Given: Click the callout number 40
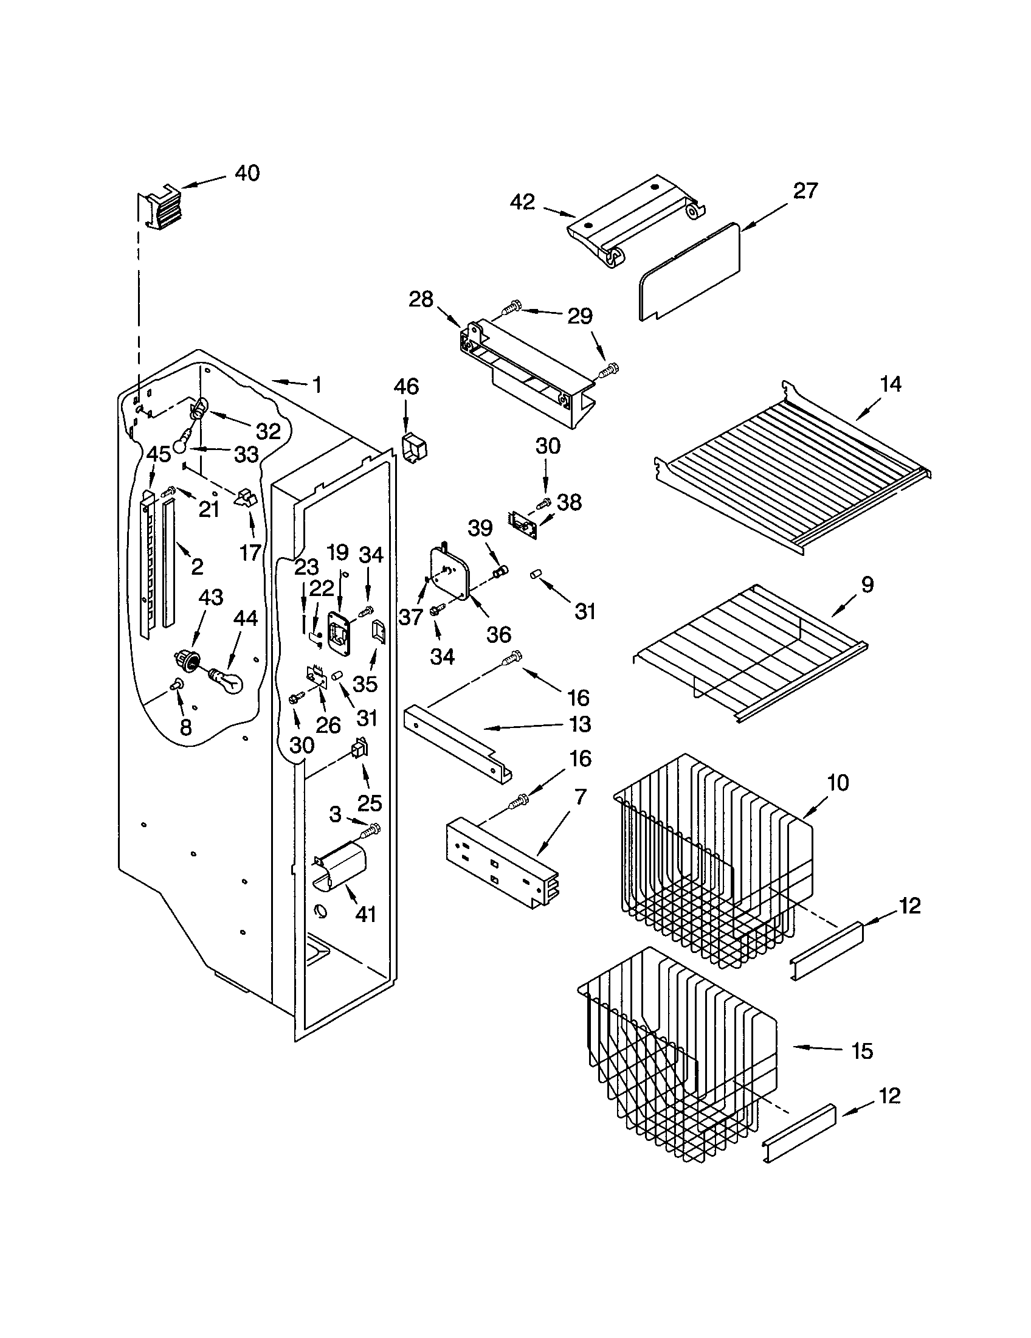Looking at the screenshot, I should [x=247, y=173].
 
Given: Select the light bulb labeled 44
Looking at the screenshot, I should [x=228, y=680].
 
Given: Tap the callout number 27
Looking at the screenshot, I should [x=805, y=190].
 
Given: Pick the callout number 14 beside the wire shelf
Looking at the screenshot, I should [x=891, y=384].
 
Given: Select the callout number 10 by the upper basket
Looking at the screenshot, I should [x=838, y=782].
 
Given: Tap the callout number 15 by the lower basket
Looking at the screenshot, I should [x=862, y=1051].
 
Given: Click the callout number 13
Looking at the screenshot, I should [x=580, y=724].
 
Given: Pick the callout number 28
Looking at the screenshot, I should [x=421, y=300].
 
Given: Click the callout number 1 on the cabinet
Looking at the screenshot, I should [x=317, y=385].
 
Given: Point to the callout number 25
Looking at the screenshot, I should [x=370, y=802].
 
